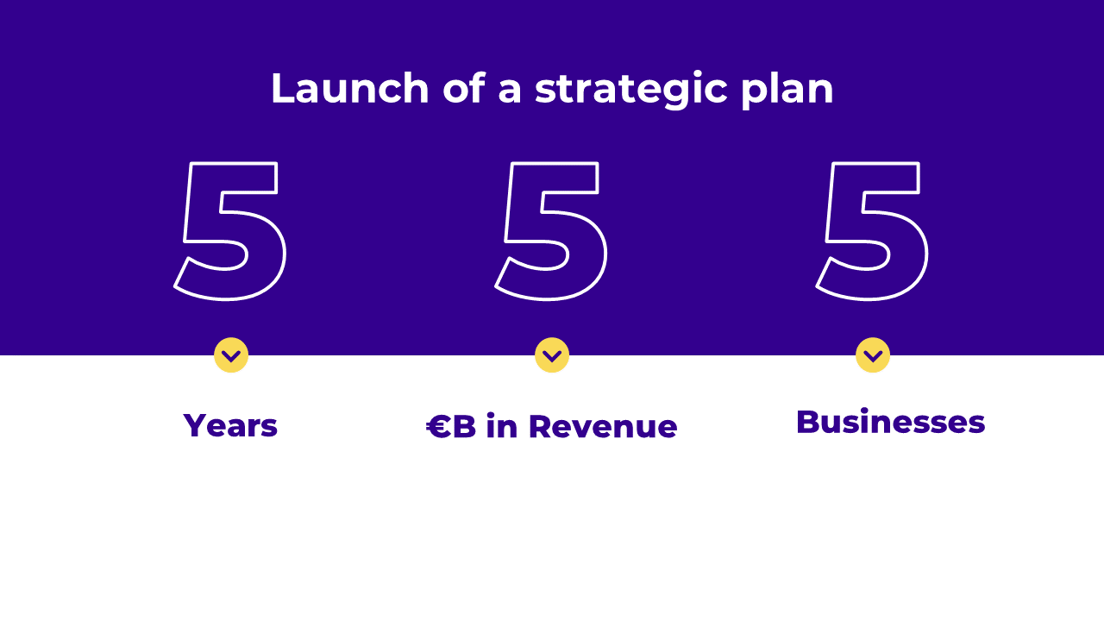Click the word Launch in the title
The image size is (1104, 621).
(x=350, y=88)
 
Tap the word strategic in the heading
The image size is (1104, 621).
(x=631, y=91)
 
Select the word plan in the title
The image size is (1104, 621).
(x=787, y=91)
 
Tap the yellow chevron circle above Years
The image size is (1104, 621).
(x=231, y=354)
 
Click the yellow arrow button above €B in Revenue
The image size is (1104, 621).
(x=552, y=354)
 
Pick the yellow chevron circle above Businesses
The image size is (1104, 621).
(x=873, y=354)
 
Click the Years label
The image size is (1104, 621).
(x=230, y=425)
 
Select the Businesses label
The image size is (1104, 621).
(x=891, y=422)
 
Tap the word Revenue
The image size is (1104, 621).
(x=603, y=426)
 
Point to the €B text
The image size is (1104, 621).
(x=451, y=426)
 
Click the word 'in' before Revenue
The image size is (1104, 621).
(x=502, y=425)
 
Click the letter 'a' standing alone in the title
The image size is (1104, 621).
(x=510, y=91)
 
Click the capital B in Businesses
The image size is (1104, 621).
(x=808, y=422)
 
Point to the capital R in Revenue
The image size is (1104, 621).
(x=540, y=426)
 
